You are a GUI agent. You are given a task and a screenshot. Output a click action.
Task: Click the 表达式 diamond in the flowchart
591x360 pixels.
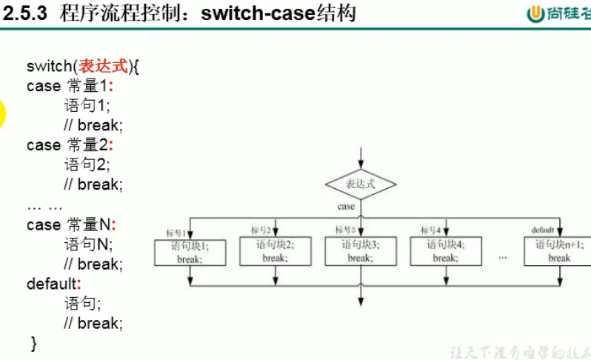click(361, 184)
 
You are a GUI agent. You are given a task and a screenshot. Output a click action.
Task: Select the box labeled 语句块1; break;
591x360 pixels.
click(190, 252)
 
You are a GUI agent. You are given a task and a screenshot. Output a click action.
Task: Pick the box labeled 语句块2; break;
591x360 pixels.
click(275, 252)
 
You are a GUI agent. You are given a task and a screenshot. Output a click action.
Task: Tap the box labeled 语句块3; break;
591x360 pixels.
click(360, 252)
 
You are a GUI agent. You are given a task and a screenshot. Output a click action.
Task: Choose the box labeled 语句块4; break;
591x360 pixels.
click(445, 252)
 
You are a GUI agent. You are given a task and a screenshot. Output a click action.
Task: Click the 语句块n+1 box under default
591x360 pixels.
click(558, 252)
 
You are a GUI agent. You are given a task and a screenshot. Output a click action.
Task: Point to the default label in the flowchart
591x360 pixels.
click(542, 230)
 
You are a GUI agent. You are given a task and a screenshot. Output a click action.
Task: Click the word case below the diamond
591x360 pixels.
click(347, 207)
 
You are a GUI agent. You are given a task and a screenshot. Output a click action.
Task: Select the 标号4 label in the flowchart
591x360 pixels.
click(431, 230)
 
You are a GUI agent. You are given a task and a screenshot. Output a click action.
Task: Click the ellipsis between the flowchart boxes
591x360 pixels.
click(503, 257)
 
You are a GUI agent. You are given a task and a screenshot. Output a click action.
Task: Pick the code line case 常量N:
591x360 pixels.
click(71, 224)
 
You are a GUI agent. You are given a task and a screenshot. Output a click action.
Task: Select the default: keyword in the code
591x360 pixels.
click(53, 284)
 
